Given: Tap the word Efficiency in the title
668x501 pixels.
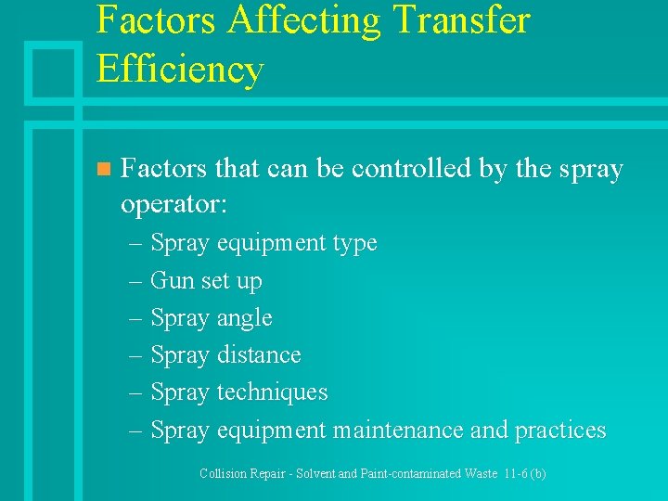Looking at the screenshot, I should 180,69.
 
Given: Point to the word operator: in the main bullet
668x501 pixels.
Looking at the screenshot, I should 173,204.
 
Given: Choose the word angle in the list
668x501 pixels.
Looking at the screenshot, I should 244,319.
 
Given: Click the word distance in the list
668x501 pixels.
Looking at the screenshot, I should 259,355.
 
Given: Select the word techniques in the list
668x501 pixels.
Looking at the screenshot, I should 272,392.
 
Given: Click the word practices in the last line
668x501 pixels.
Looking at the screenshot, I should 559,430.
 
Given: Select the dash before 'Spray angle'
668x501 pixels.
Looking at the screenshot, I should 134,318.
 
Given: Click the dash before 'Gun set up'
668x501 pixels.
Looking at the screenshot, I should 134,280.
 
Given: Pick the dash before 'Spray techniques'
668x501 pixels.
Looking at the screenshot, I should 134,392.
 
